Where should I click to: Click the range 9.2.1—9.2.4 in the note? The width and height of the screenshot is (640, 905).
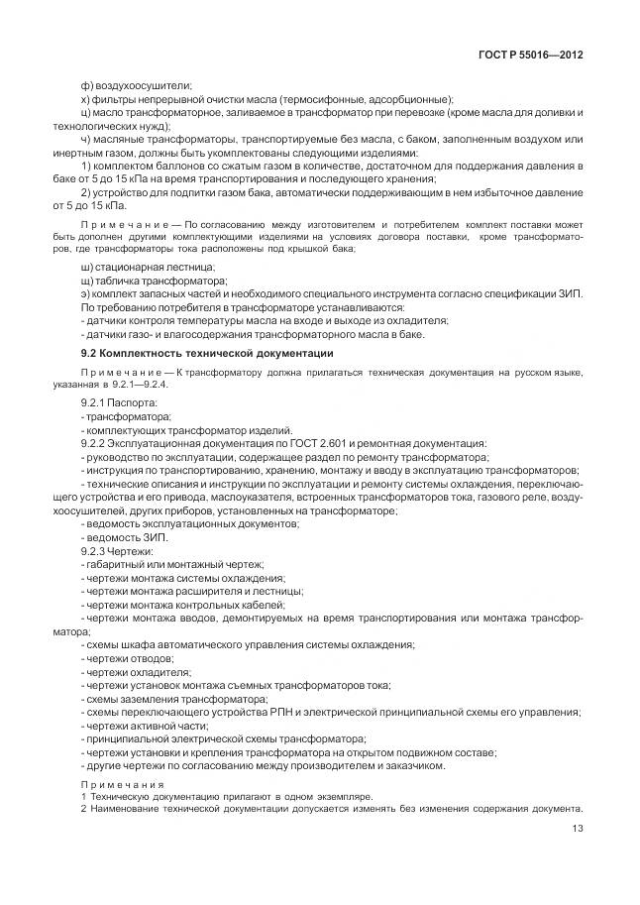[143, 384]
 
